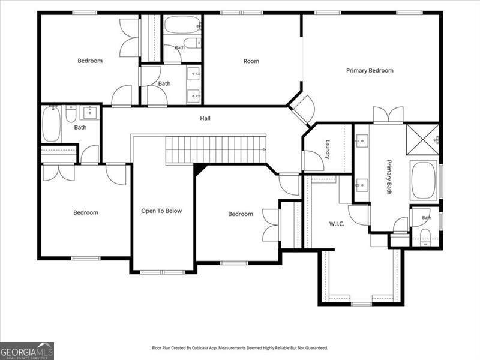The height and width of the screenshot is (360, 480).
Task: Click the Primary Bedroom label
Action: (x=370, y=70)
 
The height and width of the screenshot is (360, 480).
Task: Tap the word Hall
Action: (x=205, y=118)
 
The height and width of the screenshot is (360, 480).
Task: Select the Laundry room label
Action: (x=327, y=149)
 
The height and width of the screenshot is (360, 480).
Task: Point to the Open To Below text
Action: (x=161, y=211)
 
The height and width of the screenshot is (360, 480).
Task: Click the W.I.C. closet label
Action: (x=337, y=224)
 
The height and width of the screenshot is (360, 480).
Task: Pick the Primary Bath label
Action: (x=388, y=177)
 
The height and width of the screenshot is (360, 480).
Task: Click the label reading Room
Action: (x=251, y=61)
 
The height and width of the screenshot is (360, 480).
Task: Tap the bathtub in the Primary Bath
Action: (x=424, y=181)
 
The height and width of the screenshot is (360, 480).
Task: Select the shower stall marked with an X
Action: (x=422, y=139)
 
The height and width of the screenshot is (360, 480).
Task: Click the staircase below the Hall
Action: (x=216, y=150)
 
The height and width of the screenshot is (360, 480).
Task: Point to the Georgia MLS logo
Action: (x=27, y=351)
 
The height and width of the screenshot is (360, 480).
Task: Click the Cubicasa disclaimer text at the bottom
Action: (x=240, y=348)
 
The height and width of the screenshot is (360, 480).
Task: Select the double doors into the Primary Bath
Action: (x=388, y=115)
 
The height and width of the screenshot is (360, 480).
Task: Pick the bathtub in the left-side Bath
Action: (x=51, y=124)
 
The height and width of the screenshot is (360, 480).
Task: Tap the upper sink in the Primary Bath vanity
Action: (x=362, y=140)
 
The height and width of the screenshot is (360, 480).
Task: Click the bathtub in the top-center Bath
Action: (x=182, y=25)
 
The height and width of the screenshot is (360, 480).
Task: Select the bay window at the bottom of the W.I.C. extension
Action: (x=361, y=304)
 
